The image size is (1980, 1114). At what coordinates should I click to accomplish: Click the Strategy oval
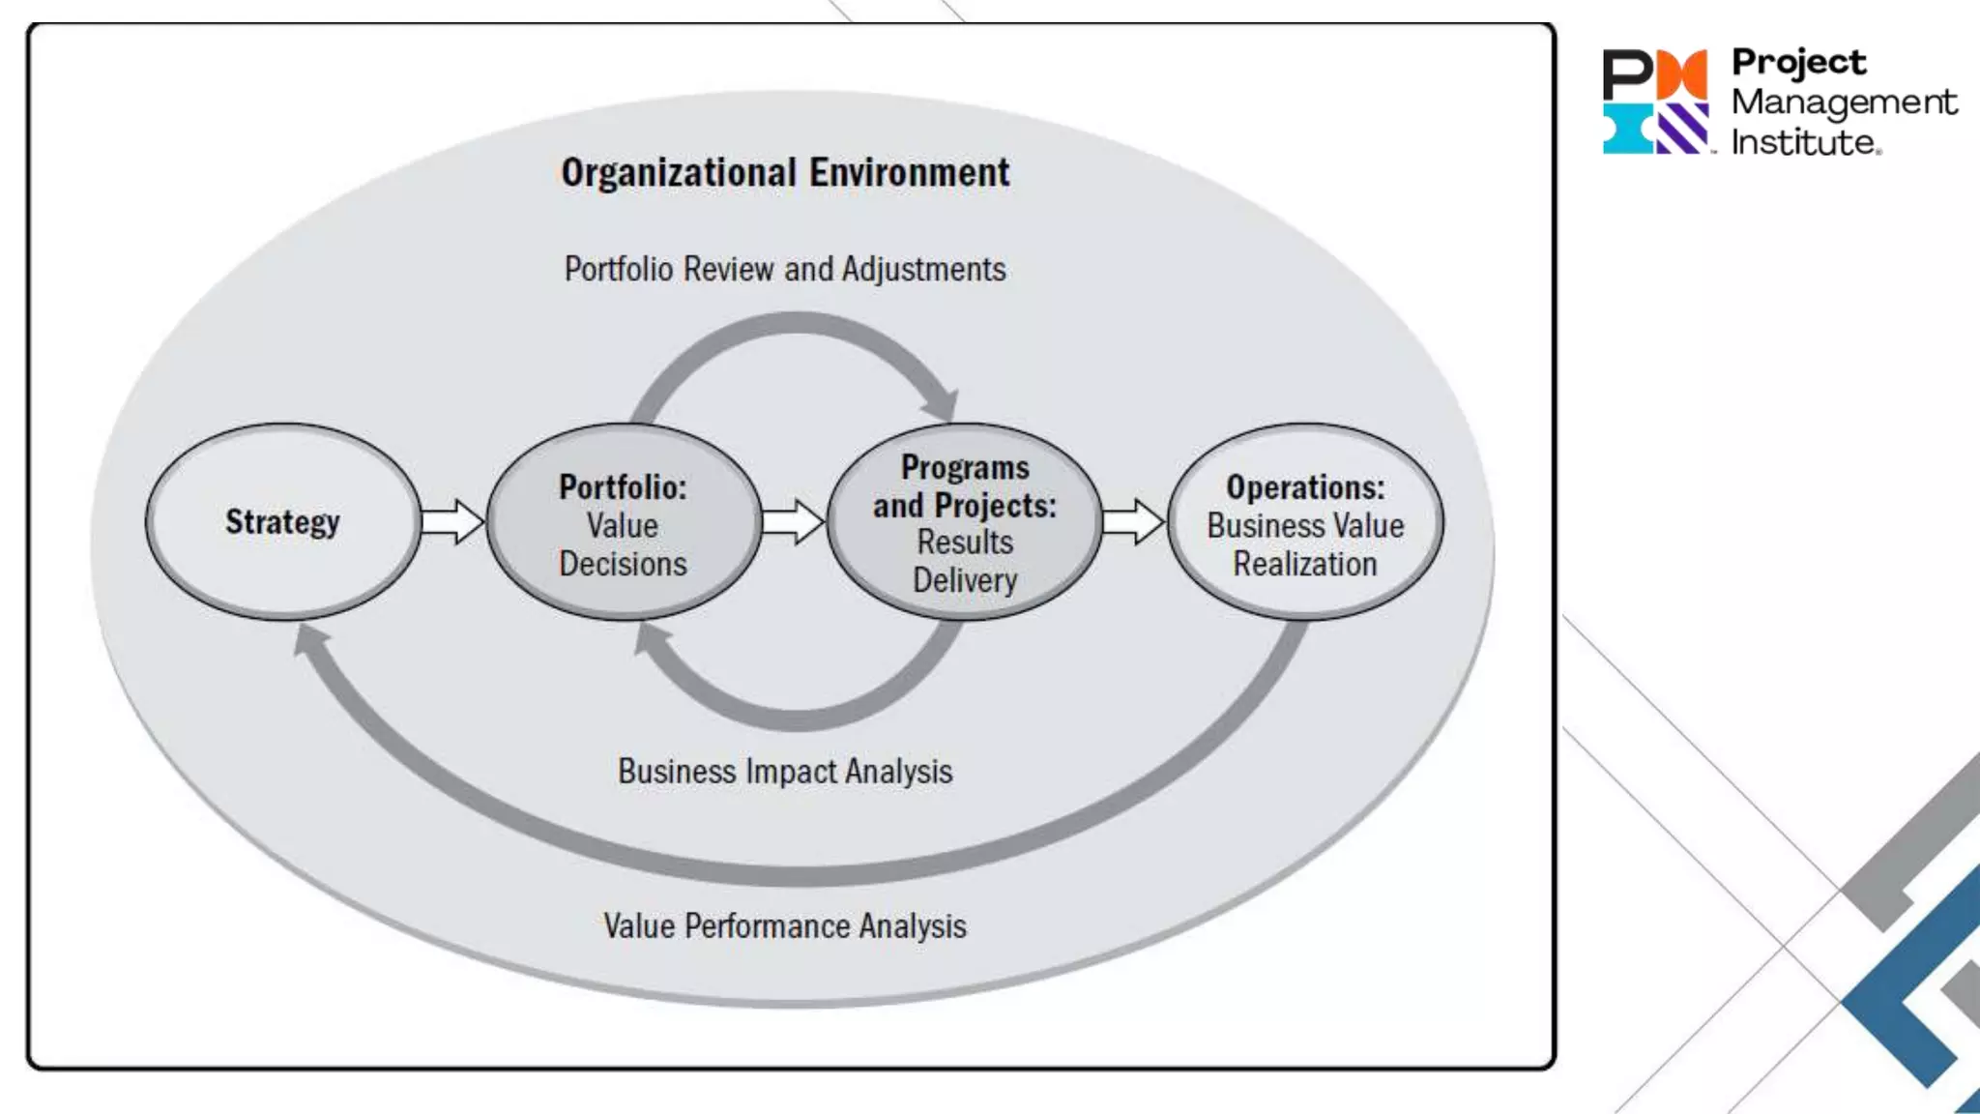coord(282,522)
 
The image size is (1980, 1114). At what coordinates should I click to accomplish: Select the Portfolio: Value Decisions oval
coord(624,523)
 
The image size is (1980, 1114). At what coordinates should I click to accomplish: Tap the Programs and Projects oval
coord(964,522)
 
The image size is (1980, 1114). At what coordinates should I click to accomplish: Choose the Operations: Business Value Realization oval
coord(1305,523)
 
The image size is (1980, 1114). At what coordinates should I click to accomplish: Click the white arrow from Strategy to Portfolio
coord(452,522)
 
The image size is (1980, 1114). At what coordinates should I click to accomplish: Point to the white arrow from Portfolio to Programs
coord(793,522)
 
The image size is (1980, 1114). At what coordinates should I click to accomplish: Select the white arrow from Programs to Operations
coord(1133,522)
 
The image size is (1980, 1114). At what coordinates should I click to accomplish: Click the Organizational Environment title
coord(785,173)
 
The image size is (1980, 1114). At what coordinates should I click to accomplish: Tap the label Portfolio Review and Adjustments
coord(785,269)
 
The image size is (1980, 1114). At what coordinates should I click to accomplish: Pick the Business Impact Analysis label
coord(785,772)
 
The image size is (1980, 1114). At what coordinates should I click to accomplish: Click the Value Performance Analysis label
coord(785,926)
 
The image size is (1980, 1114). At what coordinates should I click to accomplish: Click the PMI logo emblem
coord(1655,102)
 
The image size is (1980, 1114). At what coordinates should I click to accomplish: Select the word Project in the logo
coord(1798,62)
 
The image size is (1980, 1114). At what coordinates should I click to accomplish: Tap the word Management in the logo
coord(1844,103)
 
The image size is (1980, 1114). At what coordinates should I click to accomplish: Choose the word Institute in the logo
coord(1804,143)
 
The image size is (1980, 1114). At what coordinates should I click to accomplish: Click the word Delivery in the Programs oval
coord(965,580)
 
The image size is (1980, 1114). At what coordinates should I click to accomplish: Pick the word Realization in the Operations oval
coord(1305,564)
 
